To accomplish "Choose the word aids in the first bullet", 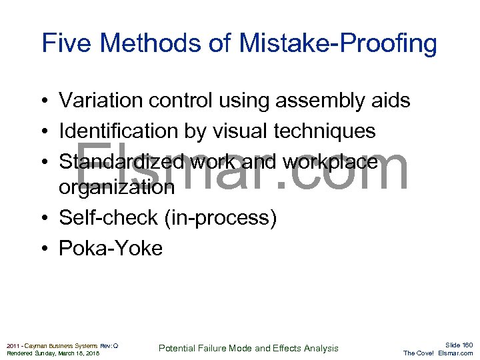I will (x=390, y=101).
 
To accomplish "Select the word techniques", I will (x=325, y=132).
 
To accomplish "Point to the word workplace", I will (x=330, y=163).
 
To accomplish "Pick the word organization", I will (x=117, y=187).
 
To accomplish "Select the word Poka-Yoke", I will (x=111, y=249).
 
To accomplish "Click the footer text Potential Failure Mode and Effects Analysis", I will (x=249, y=348).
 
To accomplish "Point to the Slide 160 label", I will (x=459, y=345).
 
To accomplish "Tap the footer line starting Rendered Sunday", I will (x=53, y=353).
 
